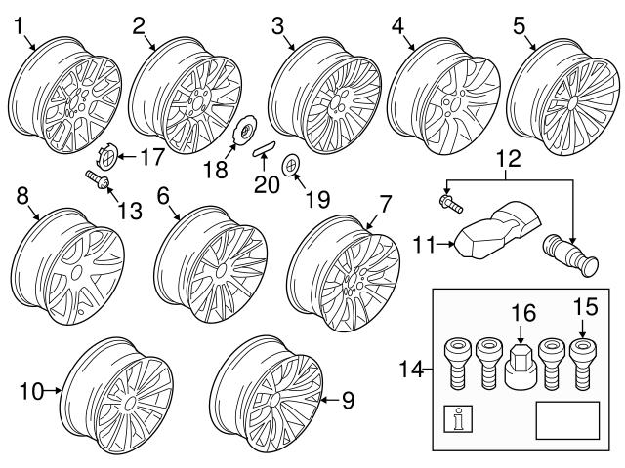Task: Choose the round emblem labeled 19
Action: point(291,165)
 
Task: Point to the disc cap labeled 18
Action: point(244,130)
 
